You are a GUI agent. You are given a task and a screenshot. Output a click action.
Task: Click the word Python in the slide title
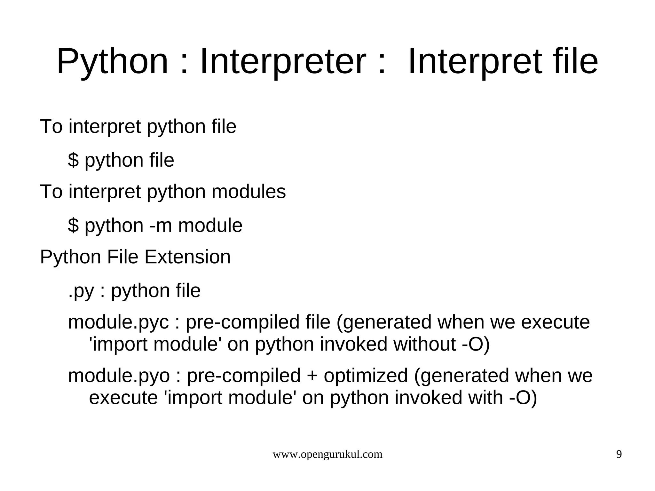click(x=112, y=62)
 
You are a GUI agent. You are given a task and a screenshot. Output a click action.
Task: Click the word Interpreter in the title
click(x=283, y=62)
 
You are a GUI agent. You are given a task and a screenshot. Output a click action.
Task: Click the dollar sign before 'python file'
click(x=73, y=160)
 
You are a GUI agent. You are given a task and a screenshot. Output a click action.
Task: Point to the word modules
click(x=249, y=192)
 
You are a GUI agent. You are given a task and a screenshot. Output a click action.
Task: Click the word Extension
click(x=187, y=257)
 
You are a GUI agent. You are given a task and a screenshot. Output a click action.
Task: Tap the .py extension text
click(x=81, y=291)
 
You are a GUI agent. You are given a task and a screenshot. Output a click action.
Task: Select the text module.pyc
click(x=118, y=322)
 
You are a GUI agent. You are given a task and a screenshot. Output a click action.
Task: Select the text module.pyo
click(x=119, y=376)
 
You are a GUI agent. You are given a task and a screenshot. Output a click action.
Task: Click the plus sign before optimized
click(x=312, y=376)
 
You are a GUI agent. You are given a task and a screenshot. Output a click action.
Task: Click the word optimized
click(x=366, y=376)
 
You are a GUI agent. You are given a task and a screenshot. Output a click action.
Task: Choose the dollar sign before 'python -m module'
click(x=73, y=226)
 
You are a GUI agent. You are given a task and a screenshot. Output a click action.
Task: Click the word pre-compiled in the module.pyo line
click(x=243, y=376)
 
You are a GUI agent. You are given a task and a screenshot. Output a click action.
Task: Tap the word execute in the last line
click(x=123, y=398)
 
